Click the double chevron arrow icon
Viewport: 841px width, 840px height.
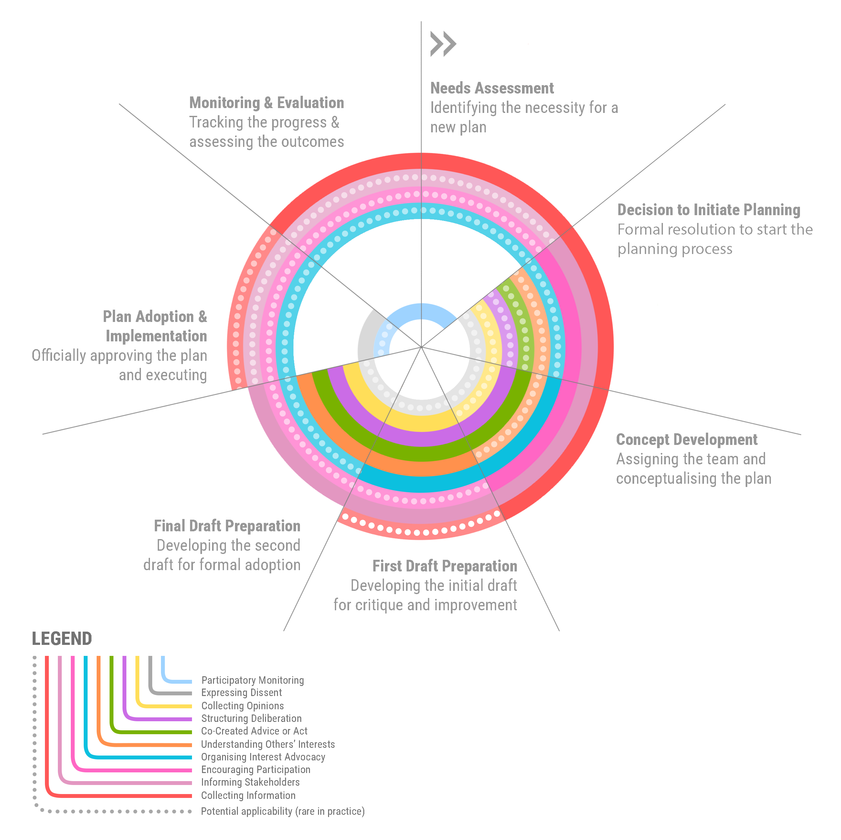[x=443, y=44]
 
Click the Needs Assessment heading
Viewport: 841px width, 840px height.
[x=492, y=88]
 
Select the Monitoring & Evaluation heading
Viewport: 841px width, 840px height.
[x=266, y=103]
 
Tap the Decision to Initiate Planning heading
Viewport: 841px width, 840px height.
[x=709, y=210]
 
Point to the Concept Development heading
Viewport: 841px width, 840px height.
[x=687, y=440]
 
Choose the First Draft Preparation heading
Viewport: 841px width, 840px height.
[x=444, y=566]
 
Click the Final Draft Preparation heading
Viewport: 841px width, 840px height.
[x=227, y=526]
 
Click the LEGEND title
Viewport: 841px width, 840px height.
[x=62, y=639]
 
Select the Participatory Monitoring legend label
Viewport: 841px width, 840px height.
[x=252, y=680]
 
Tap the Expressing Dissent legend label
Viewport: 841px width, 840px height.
[x=241, y=693]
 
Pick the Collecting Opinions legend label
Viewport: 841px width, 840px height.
[x=242, y=706]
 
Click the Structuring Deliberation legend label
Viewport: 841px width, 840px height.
[x=251, y=718]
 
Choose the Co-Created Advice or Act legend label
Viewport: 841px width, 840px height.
[x=254, y=731]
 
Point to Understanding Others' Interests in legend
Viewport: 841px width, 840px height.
[x=268, y=744]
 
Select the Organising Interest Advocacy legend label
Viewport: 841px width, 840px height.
[x=263, y=757]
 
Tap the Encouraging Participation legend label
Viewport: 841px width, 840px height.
[x=256, y=769]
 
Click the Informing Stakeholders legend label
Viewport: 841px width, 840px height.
[x=250, y=782]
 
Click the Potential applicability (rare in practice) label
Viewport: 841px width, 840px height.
[x=282, y=811]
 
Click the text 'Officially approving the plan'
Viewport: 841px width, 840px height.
[x=119, y=356]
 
